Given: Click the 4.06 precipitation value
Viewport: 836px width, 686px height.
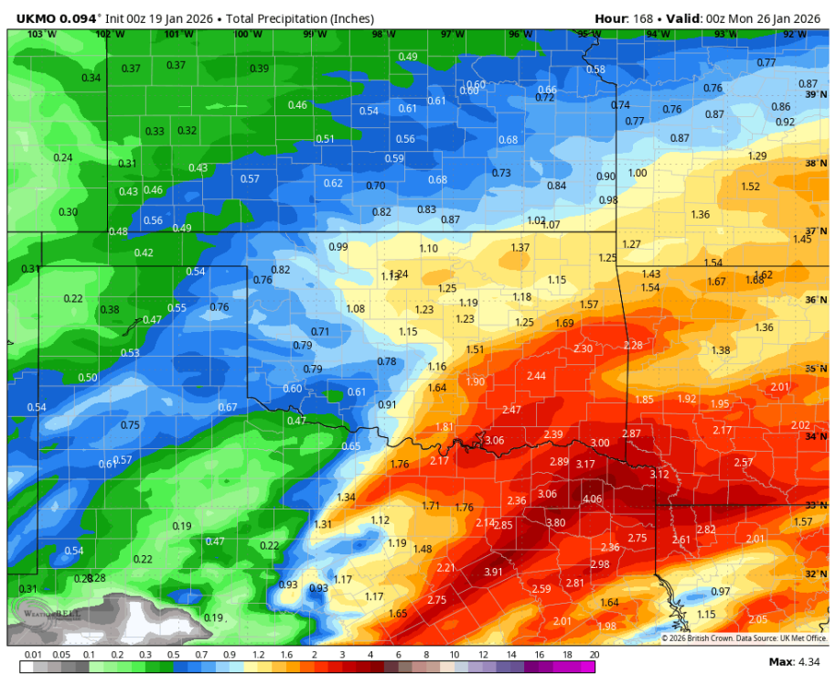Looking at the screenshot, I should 593,498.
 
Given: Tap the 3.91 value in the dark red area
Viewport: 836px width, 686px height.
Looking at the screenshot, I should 493,572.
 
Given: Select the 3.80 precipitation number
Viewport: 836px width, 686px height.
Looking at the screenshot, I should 555,522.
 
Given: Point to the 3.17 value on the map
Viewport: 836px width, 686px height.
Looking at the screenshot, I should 585,465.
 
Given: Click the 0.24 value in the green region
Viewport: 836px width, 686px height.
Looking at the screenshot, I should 63,157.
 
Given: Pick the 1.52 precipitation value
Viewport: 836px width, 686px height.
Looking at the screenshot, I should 750,187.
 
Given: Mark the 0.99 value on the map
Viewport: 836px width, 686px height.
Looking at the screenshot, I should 338,247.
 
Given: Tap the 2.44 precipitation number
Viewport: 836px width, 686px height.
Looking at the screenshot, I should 536,376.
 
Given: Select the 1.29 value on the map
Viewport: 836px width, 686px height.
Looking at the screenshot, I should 757,156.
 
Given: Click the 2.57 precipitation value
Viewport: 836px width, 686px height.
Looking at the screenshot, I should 743,462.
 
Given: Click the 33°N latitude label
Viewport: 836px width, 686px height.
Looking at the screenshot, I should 816,505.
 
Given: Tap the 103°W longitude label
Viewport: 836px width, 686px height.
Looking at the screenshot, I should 42,35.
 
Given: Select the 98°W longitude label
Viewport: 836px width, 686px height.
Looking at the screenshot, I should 383,35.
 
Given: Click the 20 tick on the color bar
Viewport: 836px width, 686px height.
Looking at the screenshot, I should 595,655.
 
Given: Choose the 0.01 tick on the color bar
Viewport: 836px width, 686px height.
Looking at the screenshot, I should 33,655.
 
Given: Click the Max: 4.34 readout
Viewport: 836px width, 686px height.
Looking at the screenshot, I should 795,660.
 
